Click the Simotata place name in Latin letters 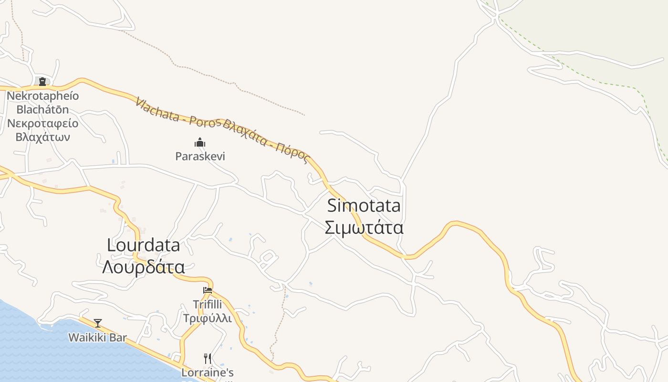point(364,205)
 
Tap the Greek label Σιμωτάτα point(364,227)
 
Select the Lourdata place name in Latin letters point(144,245)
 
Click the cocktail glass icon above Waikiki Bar point(98,323)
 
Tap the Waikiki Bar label point(97,338)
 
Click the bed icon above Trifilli point(208,290)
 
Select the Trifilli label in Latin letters point(208,304)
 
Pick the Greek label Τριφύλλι point(208,318)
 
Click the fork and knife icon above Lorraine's point(208,359)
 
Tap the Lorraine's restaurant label point(208,372)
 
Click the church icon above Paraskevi point(200,142)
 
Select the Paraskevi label point(200,156)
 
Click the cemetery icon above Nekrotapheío point(42,82)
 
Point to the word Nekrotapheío point(42,96)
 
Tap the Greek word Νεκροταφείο point(42,123)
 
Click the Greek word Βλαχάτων point(42,137)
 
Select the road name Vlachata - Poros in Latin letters point(177,114)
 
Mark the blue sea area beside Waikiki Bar point(29,349)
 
